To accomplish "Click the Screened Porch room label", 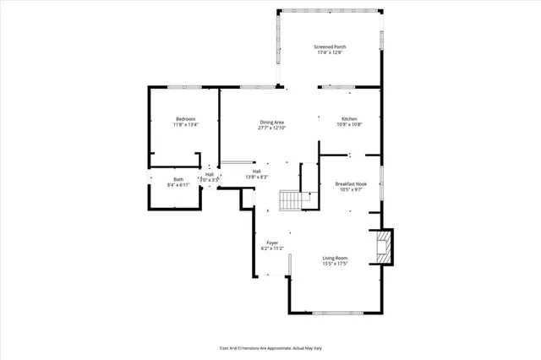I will pos(330,46).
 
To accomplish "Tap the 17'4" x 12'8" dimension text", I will pos(330,52).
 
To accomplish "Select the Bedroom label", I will pos(185,119).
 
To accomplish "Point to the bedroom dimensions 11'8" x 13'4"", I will pos(185,125).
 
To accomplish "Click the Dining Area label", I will pos(271,123).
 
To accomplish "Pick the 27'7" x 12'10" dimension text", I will pos(271,128).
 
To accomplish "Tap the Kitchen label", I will pos(349,119).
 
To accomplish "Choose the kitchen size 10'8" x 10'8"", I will pos(349,125).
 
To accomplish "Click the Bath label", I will pos(178,178).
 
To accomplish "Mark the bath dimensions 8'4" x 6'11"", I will pos(178,184).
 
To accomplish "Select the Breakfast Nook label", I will pos(350,183).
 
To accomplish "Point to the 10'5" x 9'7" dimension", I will pos(350,189).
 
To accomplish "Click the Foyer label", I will pos(272,243).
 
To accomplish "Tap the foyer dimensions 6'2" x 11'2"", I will pos(272,248).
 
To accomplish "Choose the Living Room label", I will pos(335,258).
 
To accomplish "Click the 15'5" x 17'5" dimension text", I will pos(335,264).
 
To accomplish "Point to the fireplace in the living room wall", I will pos(385,247).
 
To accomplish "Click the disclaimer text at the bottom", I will pos(270,347).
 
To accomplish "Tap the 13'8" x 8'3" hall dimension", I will pos(256,177).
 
